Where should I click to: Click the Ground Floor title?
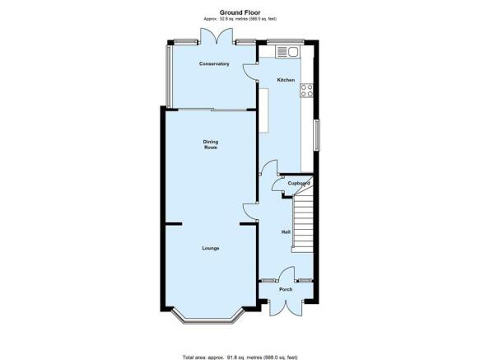240,12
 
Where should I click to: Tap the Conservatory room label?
214,63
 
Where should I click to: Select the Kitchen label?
286,80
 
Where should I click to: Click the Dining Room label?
211,145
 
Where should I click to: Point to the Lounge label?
211,248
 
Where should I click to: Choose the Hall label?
286,232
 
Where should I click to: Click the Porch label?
286,289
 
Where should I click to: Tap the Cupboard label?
299,183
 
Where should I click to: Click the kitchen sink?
287,51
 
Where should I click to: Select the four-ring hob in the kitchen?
307,91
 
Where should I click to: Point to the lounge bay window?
208,316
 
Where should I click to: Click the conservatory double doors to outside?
216,36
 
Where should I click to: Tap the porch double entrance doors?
287,307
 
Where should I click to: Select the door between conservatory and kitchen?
250,72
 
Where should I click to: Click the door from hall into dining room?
251,212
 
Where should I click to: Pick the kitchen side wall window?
317,135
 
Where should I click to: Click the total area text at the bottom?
240,358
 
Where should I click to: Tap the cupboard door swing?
278,185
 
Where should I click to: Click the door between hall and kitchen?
268,167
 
